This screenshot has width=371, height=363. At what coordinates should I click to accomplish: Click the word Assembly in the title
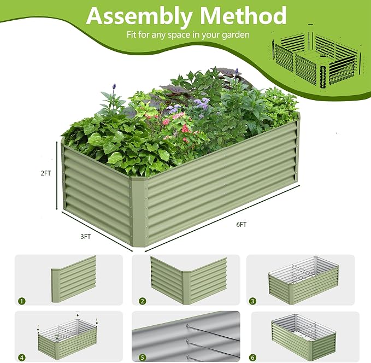(139, 16)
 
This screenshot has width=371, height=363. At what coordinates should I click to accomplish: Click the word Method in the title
(243, 15)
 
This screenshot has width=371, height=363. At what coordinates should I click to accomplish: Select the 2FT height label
(46, 173)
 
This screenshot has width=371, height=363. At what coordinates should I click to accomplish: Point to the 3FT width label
(85, 236)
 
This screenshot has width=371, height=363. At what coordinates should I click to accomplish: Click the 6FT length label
(242, 224)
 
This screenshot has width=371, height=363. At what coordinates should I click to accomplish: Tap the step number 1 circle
(22, 301)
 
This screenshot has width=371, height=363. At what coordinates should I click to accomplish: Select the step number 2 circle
(143, 301)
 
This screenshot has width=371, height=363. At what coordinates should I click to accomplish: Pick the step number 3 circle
(252, 301)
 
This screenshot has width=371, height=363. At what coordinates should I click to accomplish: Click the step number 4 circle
(22, 358)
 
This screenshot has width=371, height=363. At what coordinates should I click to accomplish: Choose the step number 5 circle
(143, 358)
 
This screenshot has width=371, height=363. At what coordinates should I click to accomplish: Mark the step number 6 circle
(252, 358)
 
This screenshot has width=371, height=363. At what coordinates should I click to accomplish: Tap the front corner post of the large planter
(140, 212)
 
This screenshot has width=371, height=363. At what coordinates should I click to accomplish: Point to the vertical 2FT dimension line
(56, 175)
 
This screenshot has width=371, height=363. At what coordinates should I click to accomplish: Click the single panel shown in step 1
(74, 279)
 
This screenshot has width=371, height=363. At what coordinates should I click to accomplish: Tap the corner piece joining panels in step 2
(186, 288)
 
